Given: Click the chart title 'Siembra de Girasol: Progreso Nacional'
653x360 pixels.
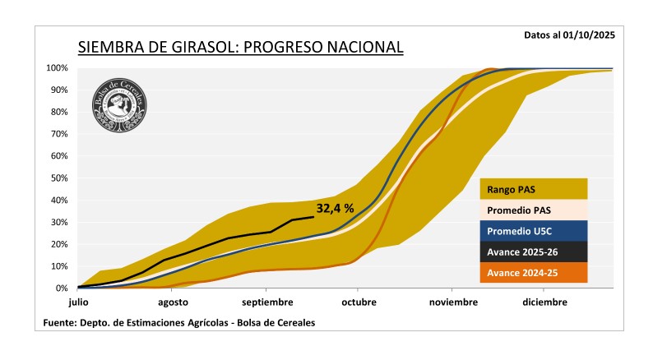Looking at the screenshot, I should point(240,47).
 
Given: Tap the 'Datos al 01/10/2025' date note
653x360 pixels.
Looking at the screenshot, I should point(568,35).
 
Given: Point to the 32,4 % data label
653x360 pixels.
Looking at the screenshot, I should point(335,209).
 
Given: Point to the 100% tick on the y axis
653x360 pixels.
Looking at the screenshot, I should point(57,68).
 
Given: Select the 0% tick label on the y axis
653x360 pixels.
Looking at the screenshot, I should point(62,288).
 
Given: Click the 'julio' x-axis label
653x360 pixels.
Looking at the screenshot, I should point(78,302).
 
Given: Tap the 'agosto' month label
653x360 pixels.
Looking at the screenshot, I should point(172,302).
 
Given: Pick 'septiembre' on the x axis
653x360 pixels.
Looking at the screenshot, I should point(266,302).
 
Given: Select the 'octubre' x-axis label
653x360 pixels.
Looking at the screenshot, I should point(358,302).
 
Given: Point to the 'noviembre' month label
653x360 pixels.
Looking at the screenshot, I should point(452,302).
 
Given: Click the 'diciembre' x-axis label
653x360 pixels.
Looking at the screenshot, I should point(544,302).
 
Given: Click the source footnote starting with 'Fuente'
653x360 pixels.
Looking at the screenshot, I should point(178,323).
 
